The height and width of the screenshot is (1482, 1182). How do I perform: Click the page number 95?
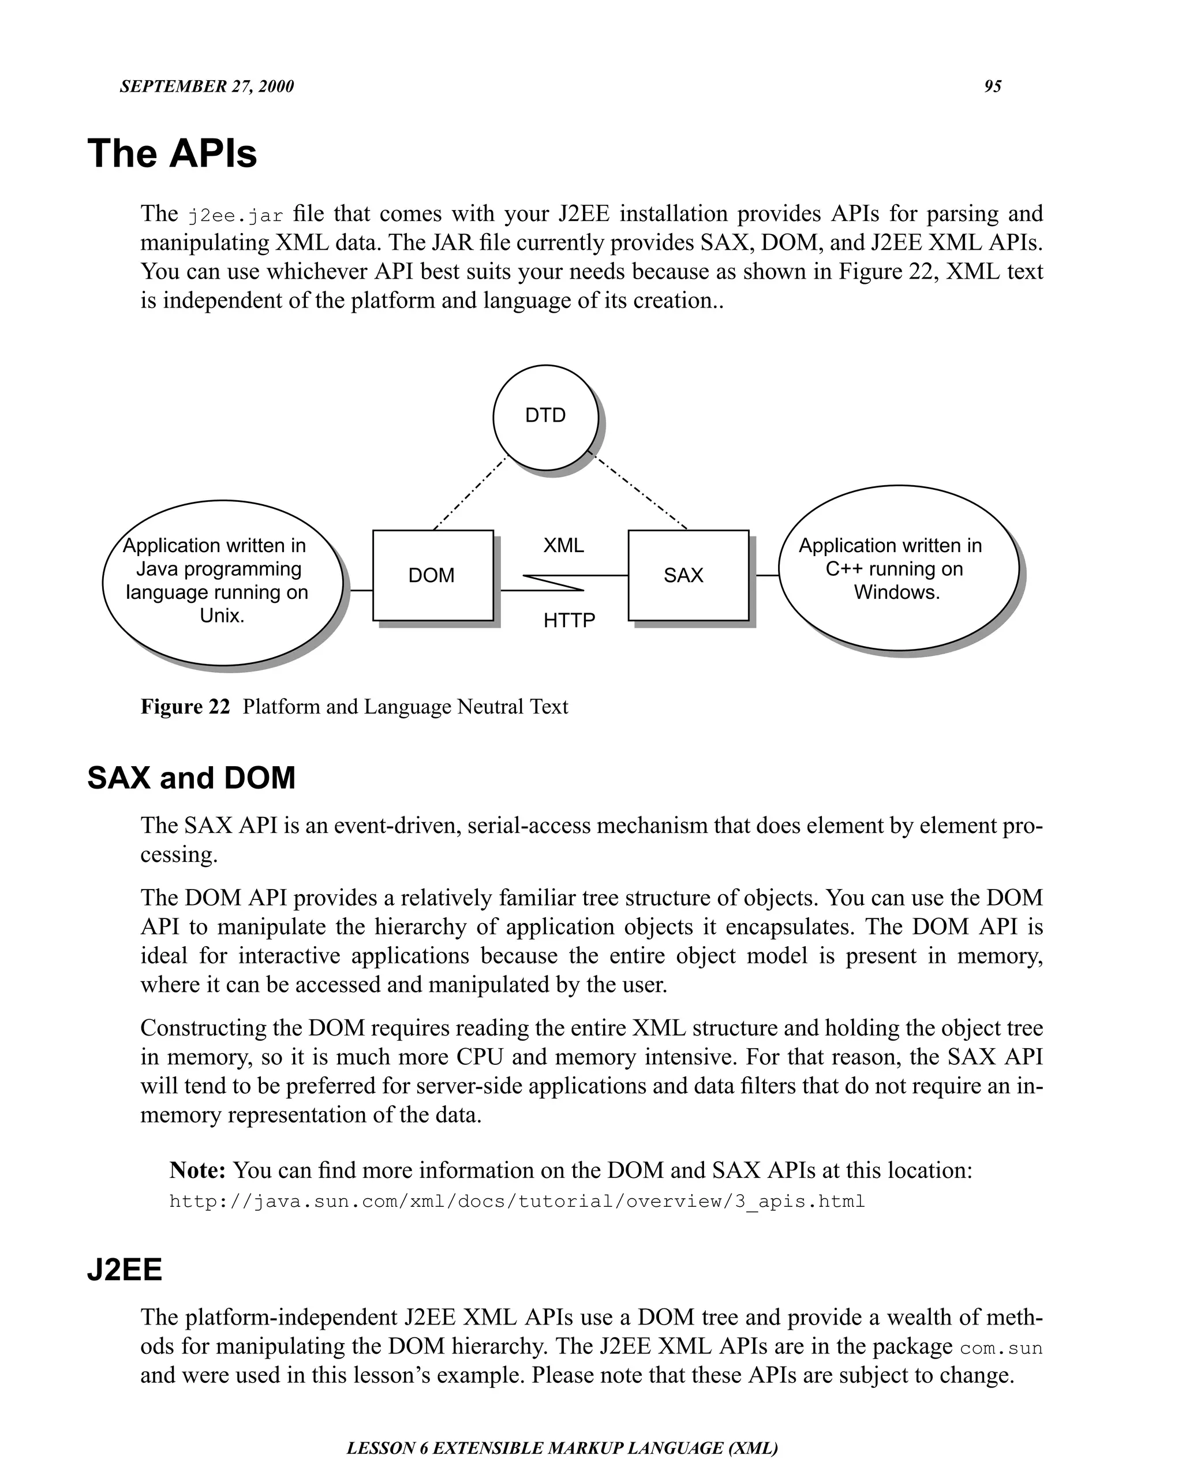click(x=992, y=87)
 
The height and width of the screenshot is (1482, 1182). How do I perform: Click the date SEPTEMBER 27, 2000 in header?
click(x=206, y=87)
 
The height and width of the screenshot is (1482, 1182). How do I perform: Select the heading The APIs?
click(x=172, y=153)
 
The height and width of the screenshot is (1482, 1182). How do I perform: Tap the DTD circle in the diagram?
click(x=545, y=417)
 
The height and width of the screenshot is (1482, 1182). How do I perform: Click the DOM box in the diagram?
click(x=432, y=575)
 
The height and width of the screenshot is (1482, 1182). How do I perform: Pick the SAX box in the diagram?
click(x=687, y=575)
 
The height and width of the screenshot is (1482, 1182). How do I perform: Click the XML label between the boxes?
click(x=563, y=546)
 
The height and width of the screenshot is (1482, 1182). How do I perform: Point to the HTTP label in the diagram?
click(x=568, y=621)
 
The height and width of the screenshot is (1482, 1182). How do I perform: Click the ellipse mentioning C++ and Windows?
click(x=897, y=568)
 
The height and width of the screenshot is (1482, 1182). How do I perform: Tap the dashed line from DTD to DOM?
click(x=469, y=494)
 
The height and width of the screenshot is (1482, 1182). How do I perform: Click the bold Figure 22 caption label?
click(x=185, y=707)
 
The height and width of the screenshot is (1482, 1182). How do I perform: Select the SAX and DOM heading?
click(x=191, y=778)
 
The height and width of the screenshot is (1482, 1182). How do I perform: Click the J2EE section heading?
click(x=125, y=1270)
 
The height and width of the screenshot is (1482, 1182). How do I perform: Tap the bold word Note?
click(x=197, y=1170)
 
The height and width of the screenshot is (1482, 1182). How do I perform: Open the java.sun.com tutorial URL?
click(x=517, y=1202)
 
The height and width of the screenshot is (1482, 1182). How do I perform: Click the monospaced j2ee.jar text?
click(x=235, y=216)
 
